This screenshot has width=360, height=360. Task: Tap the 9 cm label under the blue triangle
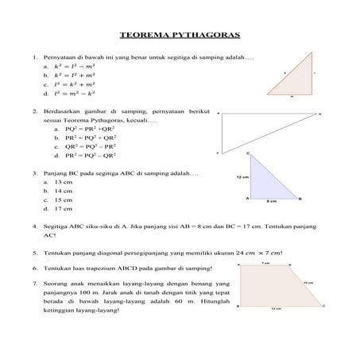point(271,203)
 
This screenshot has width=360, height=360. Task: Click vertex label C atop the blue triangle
point(249,153)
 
